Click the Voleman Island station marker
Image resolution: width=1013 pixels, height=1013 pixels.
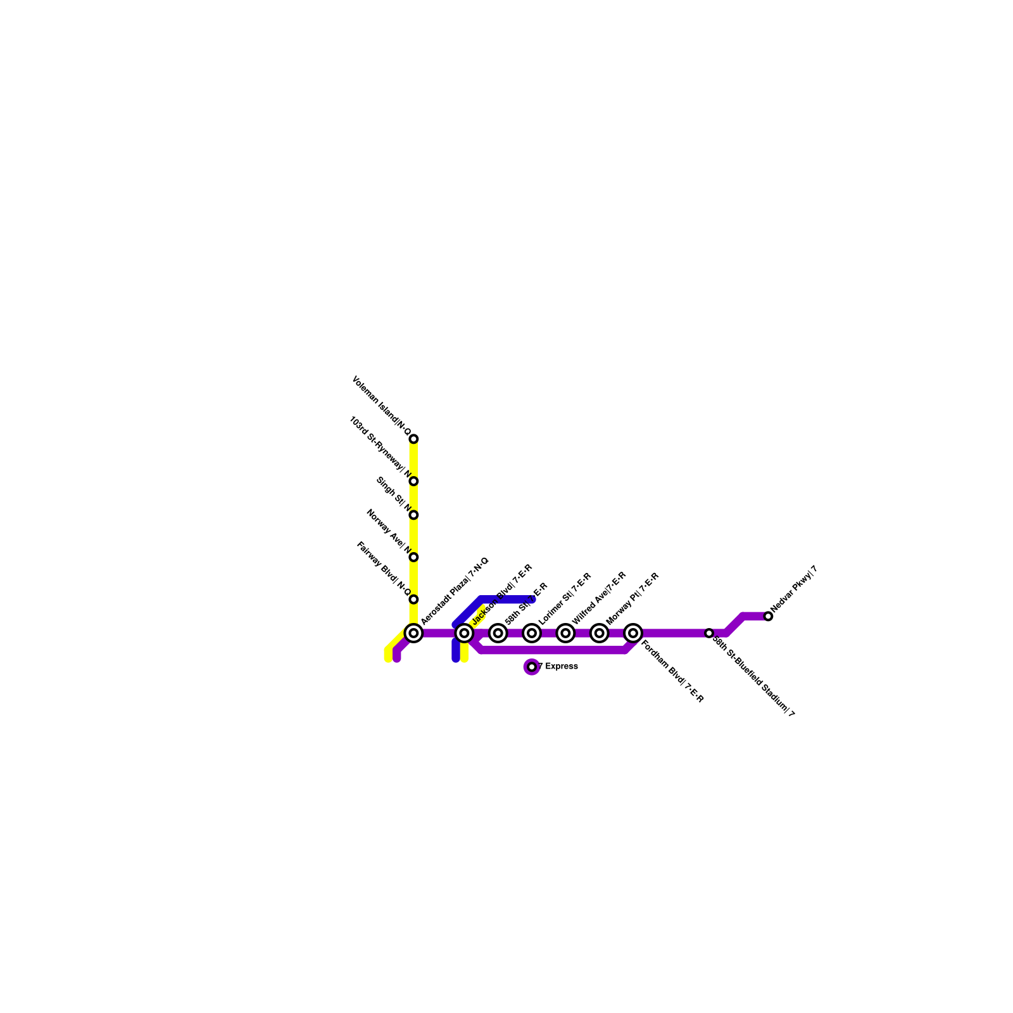(x=413, y=439)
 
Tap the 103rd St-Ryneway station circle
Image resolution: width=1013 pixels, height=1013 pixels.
(x=413, y=481)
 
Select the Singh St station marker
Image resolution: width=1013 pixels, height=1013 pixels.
(x=413, y=515)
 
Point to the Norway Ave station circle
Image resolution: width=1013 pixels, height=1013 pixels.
(x=413, y=557)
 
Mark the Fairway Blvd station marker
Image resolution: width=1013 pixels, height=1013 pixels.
(x=413, y=600)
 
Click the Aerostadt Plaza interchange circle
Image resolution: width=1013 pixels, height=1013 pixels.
(x=413, y=633)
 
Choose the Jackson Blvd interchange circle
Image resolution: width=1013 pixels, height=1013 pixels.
(x=464, y=633)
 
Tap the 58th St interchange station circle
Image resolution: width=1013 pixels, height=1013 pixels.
(x=498, y=633)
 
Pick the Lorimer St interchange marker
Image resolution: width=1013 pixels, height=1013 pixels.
(x=532, y=633)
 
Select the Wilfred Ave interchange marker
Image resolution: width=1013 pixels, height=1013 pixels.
(x=565, y=633)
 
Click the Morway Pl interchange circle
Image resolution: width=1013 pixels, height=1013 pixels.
(x=600, y=633)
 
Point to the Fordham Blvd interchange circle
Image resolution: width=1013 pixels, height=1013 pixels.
(x=633, y=633)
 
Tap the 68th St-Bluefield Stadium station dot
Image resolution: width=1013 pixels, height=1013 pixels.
(x=709, y=633)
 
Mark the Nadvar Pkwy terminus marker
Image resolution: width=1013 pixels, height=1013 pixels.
(x=768, y=616)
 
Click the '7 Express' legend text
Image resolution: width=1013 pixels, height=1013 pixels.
(x=558, y=667)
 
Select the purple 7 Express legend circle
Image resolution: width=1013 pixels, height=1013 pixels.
(x=532, y=667)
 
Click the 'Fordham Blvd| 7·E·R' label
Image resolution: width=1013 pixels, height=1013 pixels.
(x=672, y=672)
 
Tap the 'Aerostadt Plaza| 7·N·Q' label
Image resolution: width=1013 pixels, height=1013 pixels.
(x=455, y=591)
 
